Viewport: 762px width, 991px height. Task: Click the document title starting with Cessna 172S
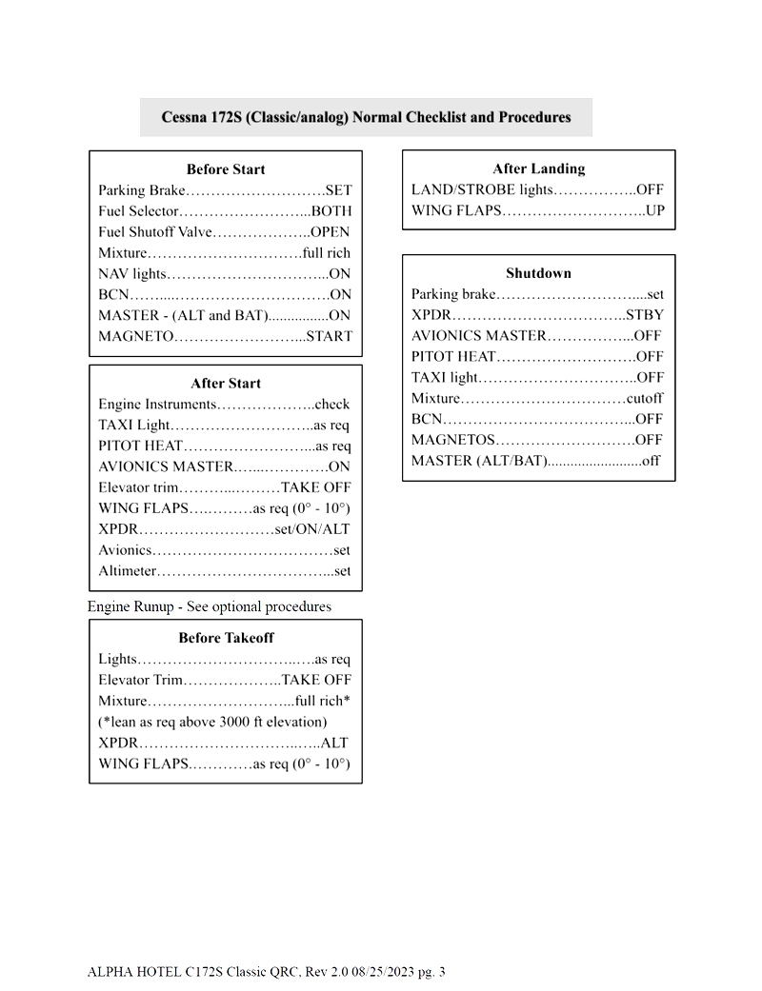tap(366, 117)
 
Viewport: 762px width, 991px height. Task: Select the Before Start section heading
tap(226, 169)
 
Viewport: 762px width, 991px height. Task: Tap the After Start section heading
tap(226, 384)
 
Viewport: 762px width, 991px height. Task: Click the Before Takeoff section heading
tap(226, 638)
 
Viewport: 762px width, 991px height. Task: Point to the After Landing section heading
tap(538, 168)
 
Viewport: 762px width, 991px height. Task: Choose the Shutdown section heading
tap(538, 273)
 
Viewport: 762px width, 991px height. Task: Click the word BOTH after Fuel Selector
tap(331, 211)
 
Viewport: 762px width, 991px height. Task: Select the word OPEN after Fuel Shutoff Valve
tap(331, 232)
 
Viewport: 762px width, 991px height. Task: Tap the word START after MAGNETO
tap(329, 336)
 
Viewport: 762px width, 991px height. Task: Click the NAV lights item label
tap(132, 274)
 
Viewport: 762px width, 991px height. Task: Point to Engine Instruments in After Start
tap(157, 405)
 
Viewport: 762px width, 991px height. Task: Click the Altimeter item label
tap(128, 571)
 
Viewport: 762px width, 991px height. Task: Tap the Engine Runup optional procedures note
tap(210, 606)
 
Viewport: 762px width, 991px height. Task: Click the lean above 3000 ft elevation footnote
tap(212, 722)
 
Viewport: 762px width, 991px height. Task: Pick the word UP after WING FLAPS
tap(654, 210)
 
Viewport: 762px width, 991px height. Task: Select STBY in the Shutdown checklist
tap(645, 315)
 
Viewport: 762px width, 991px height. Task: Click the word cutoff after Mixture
tap(645, 399)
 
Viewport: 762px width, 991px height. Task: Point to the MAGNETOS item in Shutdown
tap(453, 440)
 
